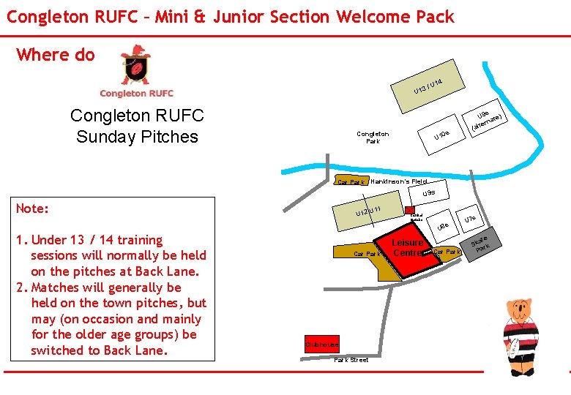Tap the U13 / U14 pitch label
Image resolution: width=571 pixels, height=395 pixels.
click(429, 86)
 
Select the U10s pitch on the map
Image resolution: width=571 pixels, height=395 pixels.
click(447, 133)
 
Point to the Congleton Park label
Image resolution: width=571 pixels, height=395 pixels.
click(373, 138)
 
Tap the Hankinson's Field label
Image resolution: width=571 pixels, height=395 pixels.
click(399, 181)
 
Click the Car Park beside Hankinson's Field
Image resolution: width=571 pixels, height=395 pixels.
click(351, 181)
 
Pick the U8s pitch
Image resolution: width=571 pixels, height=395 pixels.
click(442, 228)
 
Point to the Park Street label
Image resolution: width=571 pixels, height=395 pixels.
click(351, 360)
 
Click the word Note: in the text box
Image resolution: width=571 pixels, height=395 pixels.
click(33, 209)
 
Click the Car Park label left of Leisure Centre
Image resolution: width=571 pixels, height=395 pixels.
click(367, 255)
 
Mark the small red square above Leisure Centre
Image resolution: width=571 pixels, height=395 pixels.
click(410, 209)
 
